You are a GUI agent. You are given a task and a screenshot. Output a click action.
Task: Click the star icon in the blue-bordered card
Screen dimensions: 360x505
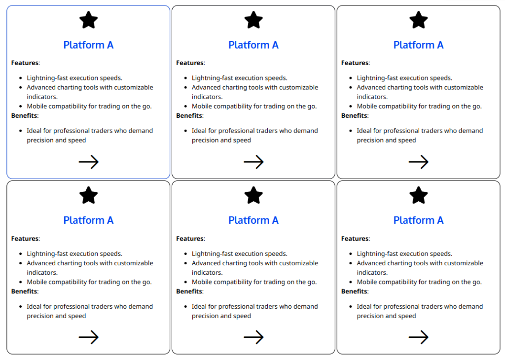pos(88,20)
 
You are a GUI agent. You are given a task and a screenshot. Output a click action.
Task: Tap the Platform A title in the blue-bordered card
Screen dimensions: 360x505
pos(88,45)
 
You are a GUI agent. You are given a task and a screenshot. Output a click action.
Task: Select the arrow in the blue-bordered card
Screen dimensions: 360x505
pos(88,162)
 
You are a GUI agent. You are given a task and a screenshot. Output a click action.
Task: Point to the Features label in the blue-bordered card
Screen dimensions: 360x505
pos(25,63)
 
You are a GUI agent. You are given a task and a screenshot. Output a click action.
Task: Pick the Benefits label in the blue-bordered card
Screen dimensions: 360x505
pos(24,116)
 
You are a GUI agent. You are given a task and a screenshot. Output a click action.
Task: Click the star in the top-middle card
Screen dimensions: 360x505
pos(253,20)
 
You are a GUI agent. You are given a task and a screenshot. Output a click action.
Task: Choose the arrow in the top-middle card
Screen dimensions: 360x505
pos(253,162)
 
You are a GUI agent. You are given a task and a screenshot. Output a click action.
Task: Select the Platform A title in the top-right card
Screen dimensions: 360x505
pos(418,45)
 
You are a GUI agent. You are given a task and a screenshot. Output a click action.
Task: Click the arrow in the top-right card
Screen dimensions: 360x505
pos(418,162)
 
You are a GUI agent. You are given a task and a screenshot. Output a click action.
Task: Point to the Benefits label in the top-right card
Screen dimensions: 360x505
pos(354,116)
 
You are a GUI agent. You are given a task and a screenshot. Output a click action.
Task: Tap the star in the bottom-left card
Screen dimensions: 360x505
pos(88,196)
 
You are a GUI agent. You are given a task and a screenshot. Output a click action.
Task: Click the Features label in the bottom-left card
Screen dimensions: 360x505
pos(25,239)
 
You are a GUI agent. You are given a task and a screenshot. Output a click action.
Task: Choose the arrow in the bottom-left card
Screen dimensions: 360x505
pos(88,337)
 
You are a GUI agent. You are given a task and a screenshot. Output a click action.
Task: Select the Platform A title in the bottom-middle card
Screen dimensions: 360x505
pos(253,220)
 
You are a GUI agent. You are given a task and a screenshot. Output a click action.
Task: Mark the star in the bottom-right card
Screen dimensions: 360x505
pos(418,196)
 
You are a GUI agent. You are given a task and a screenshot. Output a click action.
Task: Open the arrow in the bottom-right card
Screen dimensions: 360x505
pos(418,337)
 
